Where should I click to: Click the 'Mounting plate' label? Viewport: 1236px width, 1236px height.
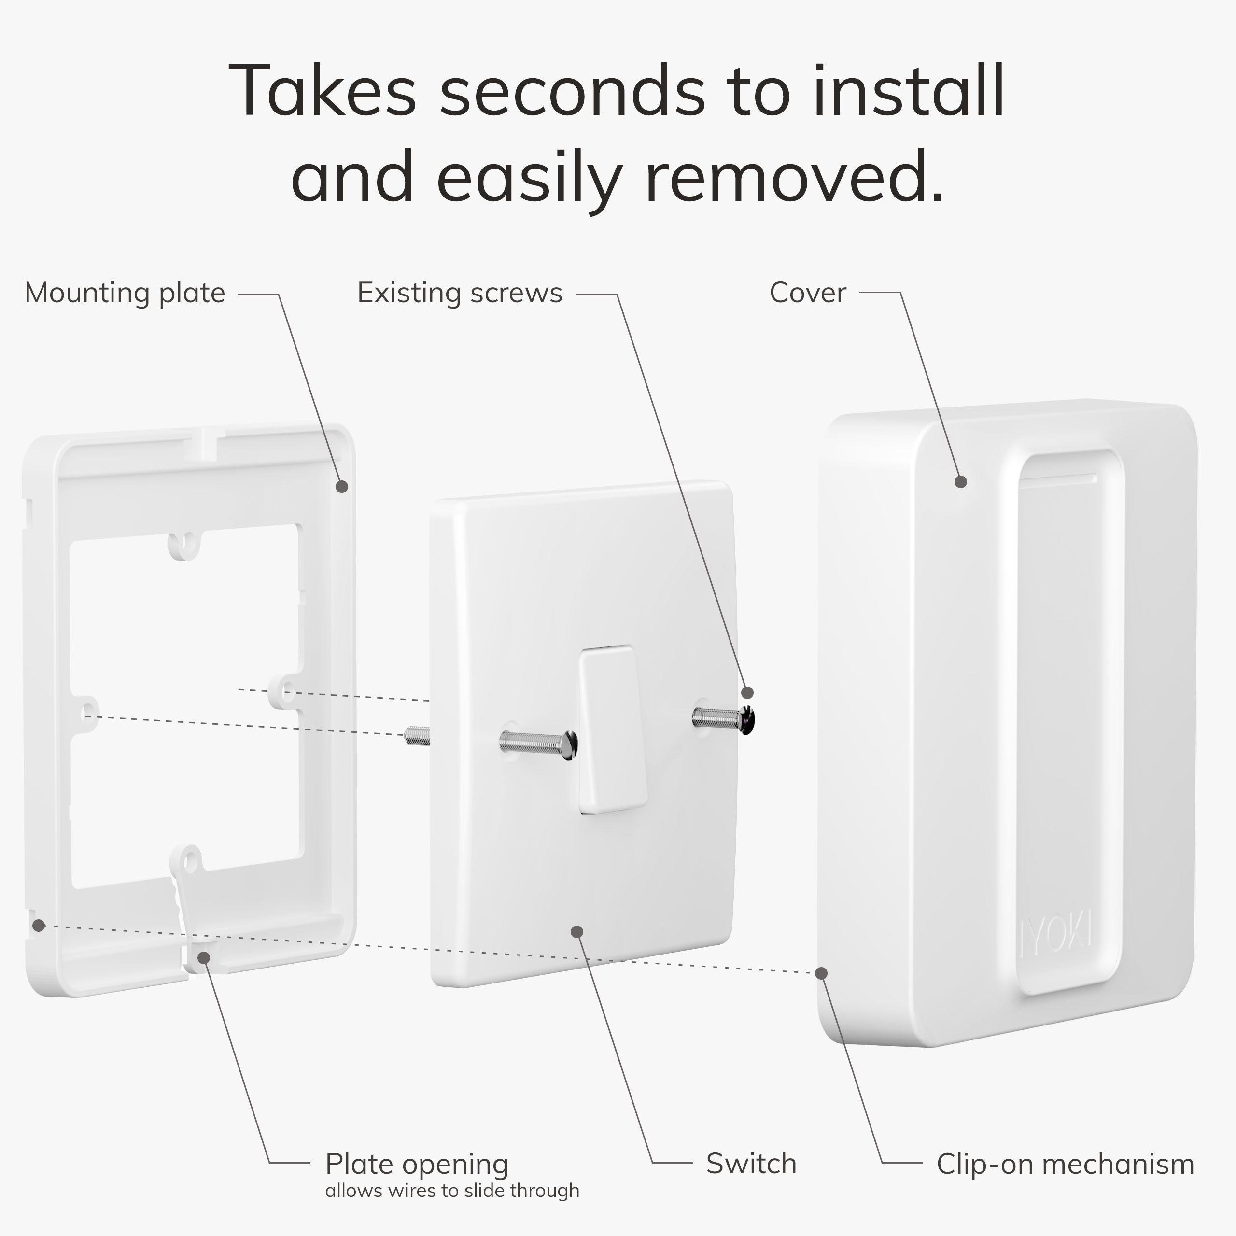[125, 294]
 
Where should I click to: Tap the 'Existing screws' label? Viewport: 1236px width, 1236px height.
[459, 293]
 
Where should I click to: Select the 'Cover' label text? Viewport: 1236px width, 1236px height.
[807, 293]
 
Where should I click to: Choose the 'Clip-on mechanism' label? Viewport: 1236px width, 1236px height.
[1065, 1165]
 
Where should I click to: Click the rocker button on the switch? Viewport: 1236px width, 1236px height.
[613, 730]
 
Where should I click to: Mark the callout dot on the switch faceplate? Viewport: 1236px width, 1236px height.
[576, 931]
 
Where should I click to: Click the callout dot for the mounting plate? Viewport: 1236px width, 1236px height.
[342, 486]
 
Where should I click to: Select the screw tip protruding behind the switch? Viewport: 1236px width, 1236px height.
[417, 736]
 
